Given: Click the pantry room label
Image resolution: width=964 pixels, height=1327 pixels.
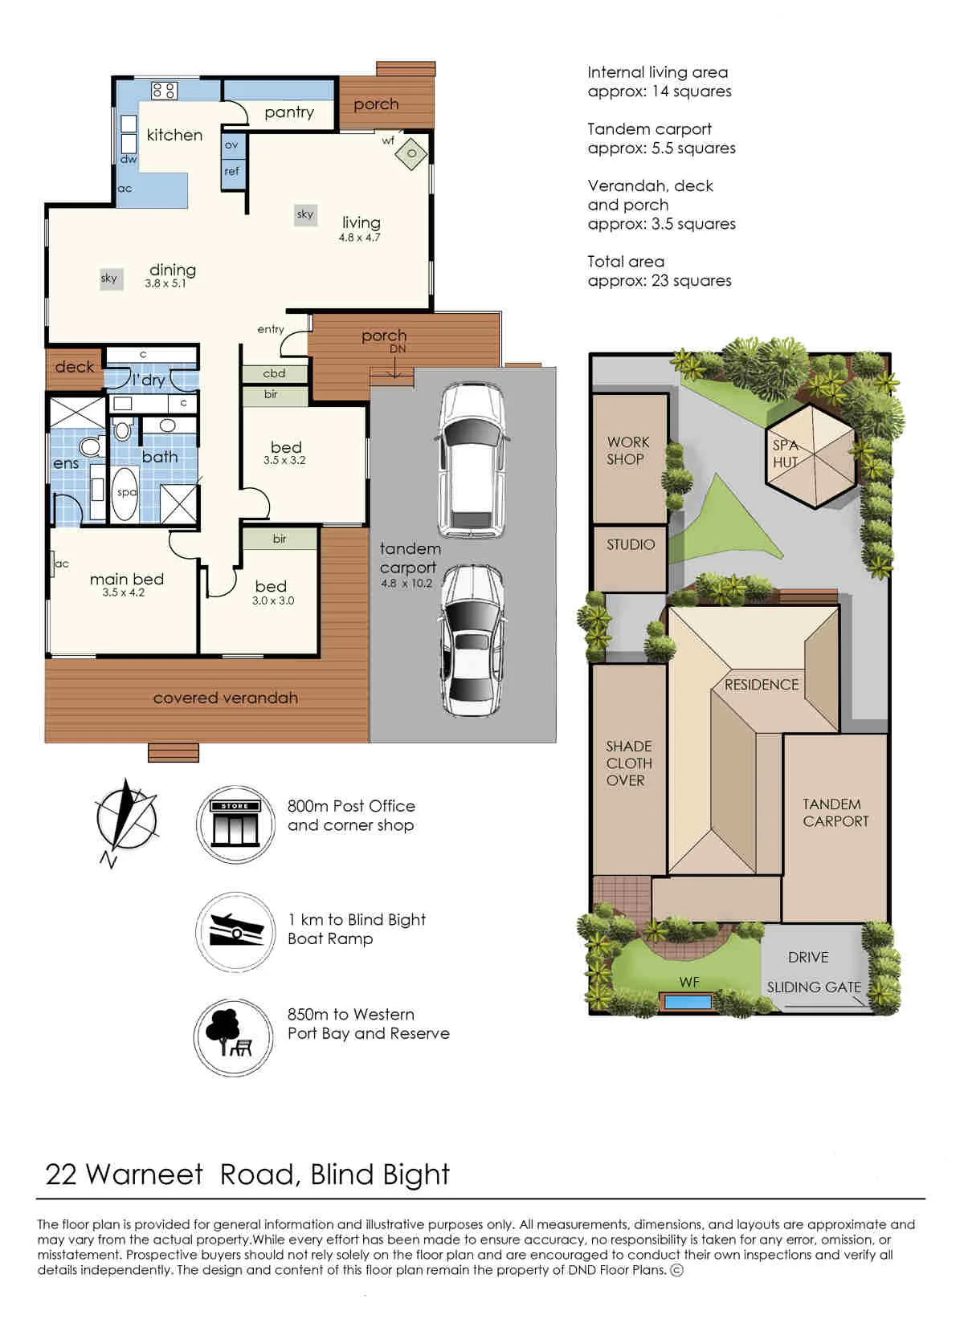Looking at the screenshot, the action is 288,112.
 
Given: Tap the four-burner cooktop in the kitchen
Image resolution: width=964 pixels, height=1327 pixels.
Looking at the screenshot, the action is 164,91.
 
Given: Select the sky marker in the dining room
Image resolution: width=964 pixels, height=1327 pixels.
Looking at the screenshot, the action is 110,279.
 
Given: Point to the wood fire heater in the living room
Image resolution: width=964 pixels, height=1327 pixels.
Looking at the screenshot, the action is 411,153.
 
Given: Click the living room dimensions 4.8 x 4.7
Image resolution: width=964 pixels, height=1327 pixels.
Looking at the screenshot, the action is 359,238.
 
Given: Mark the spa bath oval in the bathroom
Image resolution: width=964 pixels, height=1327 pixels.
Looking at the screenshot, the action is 125,494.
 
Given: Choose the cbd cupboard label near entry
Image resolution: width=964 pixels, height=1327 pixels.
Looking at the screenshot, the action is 274,373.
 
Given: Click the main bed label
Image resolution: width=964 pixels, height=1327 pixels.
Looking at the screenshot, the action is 126,579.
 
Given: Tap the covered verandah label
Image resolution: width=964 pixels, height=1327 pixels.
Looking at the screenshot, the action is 225,698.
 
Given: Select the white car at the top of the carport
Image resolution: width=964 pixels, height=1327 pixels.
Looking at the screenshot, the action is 472,460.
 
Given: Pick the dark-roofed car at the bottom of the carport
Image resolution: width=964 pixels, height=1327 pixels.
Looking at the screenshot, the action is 472,641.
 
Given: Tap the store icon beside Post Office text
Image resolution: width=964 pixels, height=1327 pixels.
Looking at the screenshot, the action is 235,824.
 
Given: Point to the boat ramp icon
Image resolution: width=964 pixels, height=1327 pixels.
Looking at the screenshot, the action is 235,931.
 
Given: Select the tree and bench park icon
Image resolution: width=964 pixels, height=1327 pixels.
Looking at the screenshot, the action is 234,1037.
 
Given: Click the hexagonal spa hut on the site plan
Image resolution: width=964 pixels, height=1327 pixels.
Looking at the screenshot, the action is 811,455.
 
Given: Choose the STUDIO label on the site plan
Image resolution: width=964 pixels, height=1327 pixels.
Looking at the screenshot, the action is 631,544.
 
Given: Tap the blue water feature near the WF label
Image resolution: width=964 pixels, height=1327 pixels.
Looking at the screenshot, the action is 688,1003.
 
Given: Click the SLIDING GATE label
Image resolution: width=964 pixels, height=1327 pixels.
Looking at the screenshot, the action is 814,987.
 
